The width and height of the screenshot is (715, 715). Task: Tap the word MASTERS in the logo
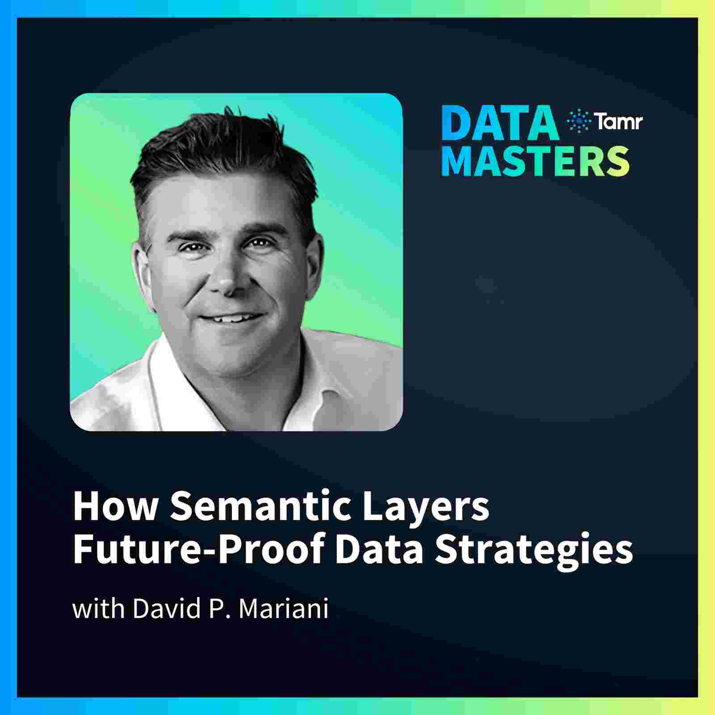point(535,160)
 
